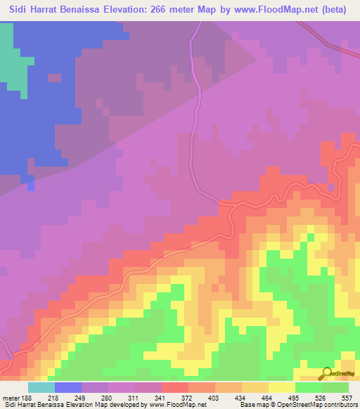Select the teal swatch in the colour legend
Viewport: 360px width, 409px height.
coord(41,387)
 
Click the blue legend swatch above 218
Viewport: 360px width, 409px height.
coord(68,387)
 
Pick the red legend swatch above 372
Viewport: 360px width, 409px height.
coord(175,387)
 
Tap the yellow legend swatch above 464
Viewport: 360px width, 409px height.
coord(282,387)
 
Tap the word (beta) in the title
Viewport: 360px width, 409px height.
coord(337,8)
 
